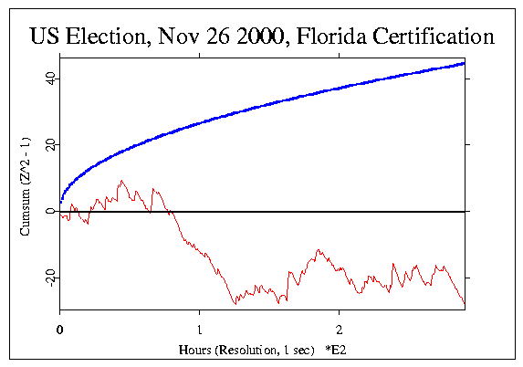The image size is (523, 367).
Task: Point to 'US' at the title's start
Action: [x=46, y=37]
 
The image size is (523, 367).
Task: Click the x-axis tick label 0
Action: [x=60, y=327]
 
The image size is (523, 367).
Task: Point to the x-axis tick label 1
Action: [x=199, y=327]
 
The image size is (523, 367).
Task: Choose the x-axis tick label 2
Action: [x=339, y=327]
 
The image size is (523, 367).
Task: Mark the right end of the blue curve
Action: [x=465, y=63]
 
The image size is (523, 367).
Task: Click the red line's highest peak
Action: [x=121, y=181]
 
